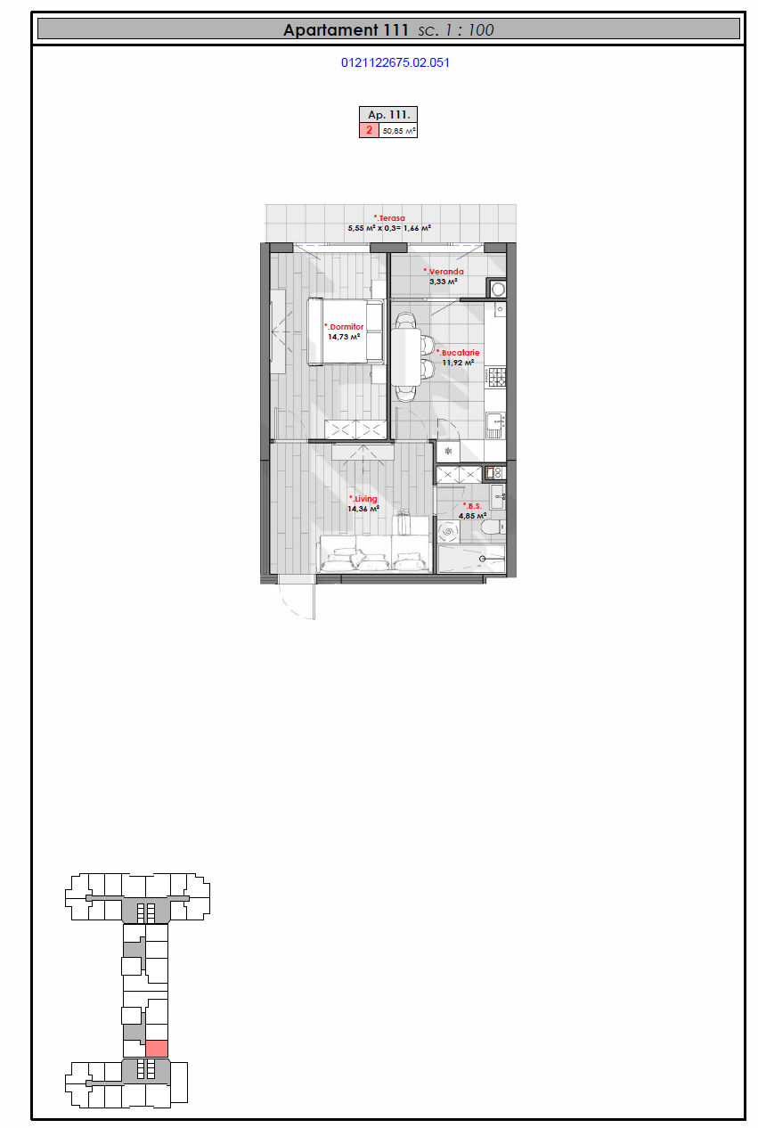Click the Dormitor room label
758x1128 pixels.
(345, 327)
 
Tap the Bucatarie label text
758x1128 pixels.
(458, 353)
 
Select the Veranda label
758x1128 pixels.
(444, 272)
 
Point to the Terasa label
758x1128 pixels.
(389, 218)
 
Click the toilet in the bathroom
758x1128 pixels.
(493, 527)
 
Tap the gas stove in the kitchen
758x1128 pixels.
(496, 377)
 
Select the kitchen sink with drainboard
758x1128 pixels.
(495, 426)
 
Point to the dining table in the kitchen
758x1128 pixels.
(406, 357)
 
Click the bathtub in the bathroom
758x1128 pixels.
(471, 559)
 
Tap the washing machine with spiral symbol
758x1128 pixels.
(448, 532)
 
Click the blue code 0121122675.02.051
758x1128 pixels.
(395, 63)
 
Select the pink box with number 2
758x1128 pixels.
(369, 130)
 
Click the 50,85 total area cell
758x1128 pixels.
(398, 131)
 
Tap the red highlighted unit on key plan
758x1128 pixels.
(157, 1048)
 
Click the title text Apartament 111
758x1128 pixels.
(346, 30)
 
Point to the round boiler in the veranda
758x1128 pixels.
(498, 289)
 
